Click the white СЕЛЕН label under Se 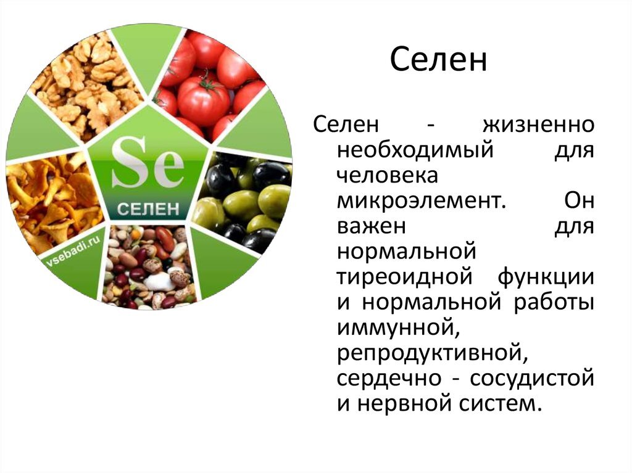pos(148,209)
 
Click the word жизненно pos(538,125)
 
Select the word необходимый pos(415,150)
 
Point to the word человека pos(388,176)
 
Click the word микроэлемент pos(421,201)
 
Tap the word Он pos(579,200)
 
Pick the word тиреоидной pos(404,277)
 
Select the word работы pos(554,303)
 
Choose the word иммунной pos(398,329)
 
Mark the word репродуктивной pos(432,355)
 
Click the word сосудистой pos(532,379)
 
